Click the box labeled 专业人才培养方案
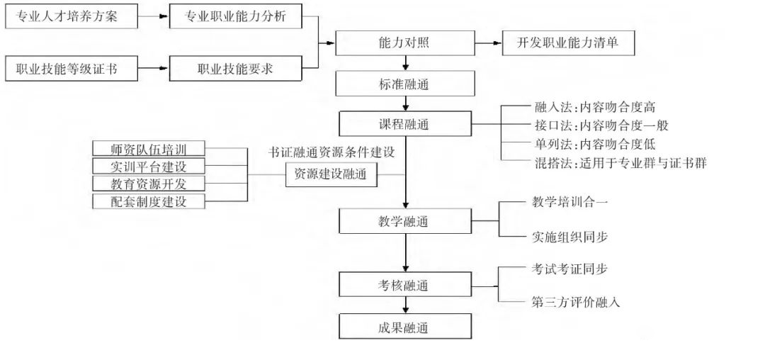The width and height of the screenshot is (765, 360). (x=71, y=17)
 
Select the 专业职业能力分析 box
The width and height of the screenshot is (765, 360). (x=235, y=17)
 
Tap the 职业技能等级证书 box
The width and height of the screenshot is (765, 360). (x=71, y=69)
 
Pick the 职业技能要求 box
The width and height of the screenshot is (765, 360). (x=235, y=69)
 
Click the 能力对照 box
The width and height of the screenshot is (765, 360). (x=404, y=43)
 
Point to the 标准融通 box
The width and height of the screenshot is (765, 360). (x=404, y=84)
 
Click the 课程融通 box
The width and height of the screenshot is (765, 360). (x=404, y=125)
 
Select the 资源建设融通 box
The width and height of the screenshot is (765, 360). (x=331, y=175)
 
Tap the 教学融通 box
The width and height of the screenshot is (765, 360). (x=404, y=222)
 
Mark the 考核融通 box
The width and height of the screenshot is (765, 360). (x=404, y=286)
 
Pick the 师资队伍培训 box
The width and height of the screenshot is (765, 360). (x=149, y=149)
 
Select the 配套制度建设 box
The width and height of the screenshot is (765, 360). (x=149, y=201)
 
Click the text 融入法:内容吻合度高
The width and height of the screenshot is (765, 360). (x=594, y=108)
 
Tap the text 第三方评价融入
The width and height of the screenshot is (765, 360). (x=576, y=302)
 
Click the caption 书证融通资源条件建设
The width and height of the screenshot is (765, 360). (x=331, y=153)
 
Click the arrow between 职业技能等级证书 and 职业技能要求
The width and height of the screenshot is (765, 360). (x=154, y=69)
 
